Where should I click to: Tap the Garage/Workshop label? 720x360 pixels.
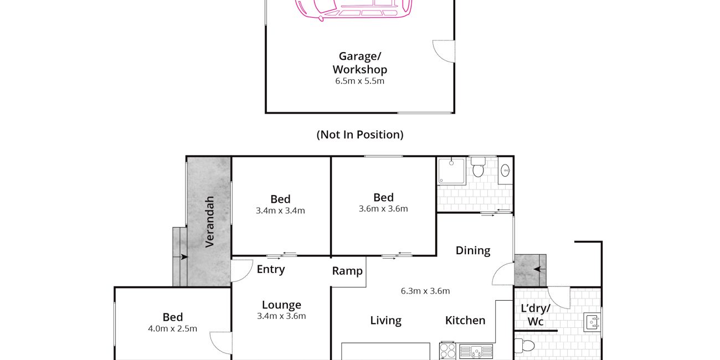(x=359, y=63)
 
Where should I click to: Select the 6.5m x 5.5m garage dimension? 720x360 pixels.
(x=359, y=81)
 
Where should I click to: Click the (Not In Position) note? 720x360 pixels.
(x=359, y=135)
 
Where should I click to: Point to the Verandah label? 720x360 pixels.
(x=209, y=222)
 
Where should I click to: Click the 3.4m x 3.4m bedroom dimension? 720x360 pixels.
(x=280, y=211)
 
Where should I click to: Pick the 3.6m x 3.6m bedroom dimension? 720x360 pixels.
(x=383, y=209)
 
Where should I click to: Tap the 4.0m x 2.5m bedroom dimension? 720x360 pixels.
(x=173, y=329)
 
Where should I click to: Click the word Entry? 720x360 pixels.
(x=271, y=269)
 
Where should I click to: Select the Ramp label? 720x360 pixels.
(x=347, y=271)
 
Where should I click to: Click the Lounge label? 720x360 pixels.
(x=281, y=305)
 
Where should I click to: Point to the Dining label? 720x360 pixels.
(x=473, y=251)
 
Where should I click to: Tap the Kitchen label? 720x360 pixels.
(x=465, y=321)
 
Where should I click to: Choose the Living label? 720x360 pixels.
(x=385, y=321)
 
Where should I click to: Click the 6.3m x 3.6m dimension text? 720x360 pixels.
(x=425, y=291)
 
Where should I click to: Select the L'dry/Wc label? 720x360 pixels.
(x=536, y=315)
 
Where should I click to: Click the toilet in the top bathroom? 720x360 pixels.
(x=478, y=167)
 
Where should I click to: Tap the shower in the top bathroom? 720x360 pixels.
(x=451, y=171)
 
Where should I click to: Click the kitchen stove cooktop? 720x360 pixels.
(x=448, y=351)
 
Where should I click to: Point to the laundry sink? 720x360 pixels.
(x=592, y=323)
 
